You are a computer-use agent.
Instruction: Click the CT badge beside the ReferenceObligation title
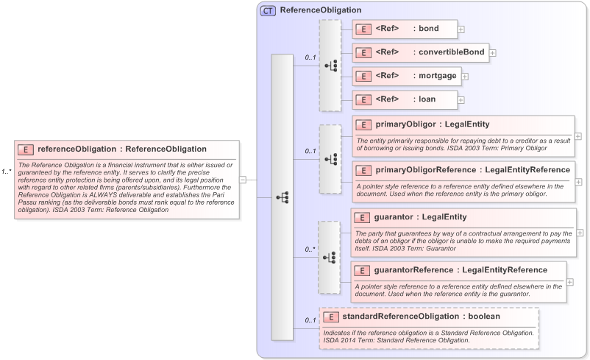coord(269,10)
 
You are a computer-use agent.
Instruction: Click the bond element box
coord(405,29)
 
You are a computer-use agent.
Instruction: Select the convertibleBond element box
coord(420,52)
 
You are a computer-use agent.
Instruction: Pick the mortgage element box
coord(406,75)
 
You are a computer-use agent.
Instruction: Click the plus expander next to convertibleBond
coord(493,53)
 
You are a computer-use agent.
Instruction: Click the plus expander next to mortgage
coord(465,76)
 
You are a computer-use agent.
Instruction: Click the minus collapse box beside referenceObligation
coord(243,179)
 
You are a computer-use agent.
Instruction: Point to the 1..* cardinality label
coord(7,172)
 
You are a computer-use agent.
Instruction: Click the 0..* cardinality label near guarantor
coord(310,250)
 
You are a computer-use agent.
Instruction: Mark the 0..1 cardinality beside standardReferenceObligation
coord(310,320)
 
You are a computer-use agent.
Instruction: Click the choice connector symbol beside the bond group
coord(330,65)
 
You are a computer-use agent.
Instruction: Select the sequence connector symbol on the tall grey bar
coord(282,197)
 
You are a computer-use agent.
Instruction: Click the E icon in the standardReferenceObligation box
coord(332,317)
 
